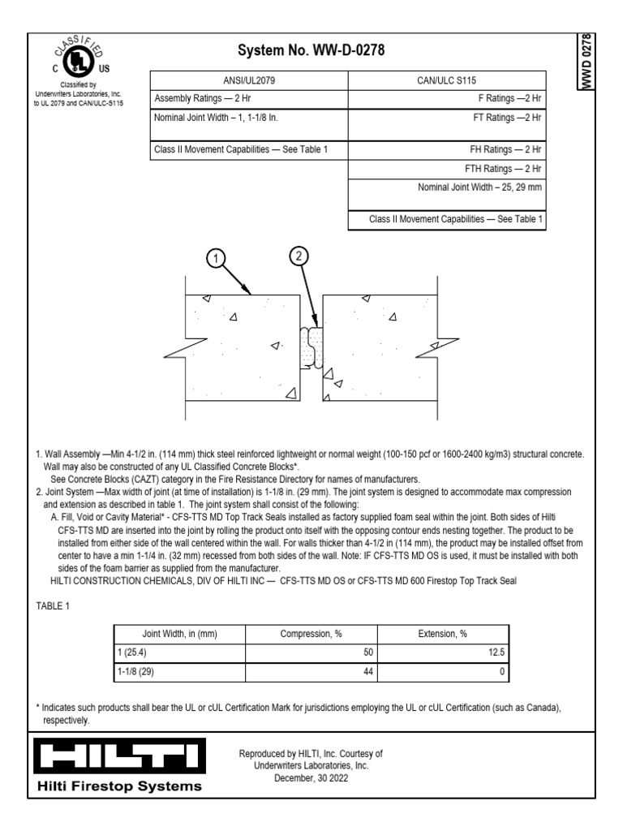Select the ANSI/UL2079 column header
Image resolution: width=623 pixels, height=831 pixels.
pyautogui.click(x=249, y=80)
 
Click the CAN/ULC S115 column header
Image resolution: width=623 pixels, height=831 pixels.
pyautogui.click(x=447, y=80)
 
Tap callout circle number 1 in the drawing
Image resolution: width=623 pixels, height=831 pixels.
pyautogui.click(x=215, y=259)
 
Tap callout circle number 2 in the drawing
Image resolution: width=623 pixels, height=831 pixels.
pyautogui.click(x=299, y=256)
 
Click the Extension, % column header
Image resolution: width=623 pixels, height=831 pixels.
pyautogui.click(x=442, y=634)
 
